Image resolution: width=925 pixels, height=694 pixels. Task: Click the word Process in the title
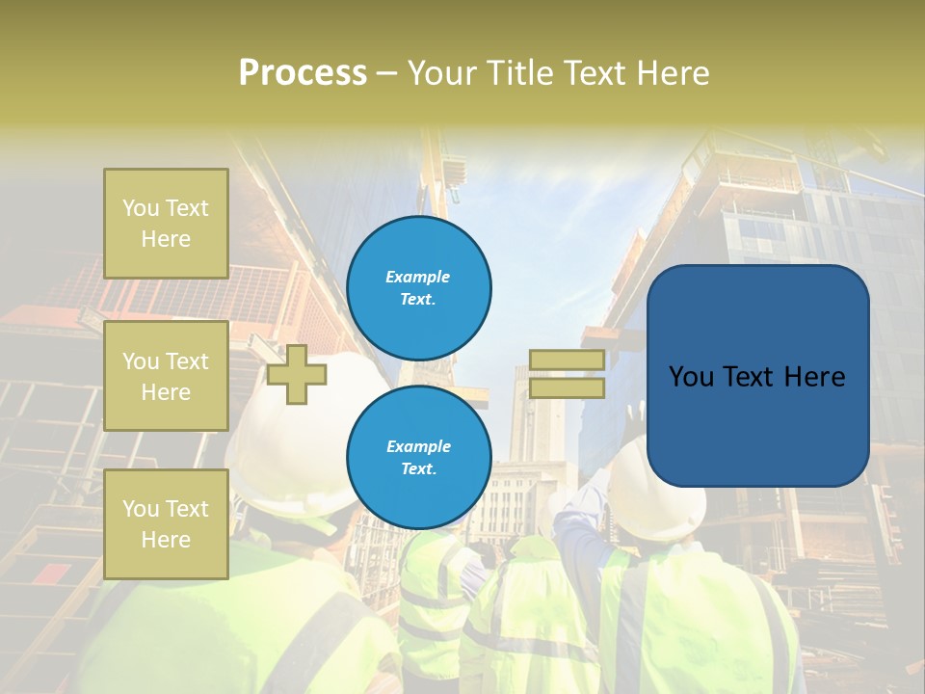click(303, 73)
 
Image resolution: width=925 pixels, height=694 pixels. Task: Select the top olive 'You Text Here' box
click(166, 224)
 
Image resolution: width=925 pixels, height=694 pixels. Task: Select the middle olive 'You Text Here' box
click(166, 376)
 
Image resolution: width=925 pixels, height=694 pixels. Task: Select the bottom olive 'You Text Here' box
click(166, 523)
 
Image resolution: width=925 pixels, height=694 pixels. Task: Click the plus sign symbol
click(297, 374)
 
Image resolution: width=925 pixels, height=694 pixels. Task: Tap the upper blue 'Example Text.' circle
click(418, 288)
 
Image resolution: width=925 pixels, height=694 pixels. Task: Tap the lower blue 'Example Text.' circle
click(418, 458)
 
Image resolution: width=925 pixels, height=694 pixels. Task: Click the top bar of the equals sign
click(567, 360)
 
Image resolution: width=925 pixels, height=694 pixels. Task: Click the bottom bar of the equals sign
click(567, 387)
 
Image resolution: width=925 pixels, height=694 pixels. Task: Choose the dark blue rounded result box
click(757, 376)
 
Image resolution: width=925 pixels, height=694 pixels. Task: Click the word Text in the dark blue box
click(755, 377)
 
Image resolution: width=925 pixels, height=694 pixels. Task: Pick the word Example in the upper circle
click(418, 278)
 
